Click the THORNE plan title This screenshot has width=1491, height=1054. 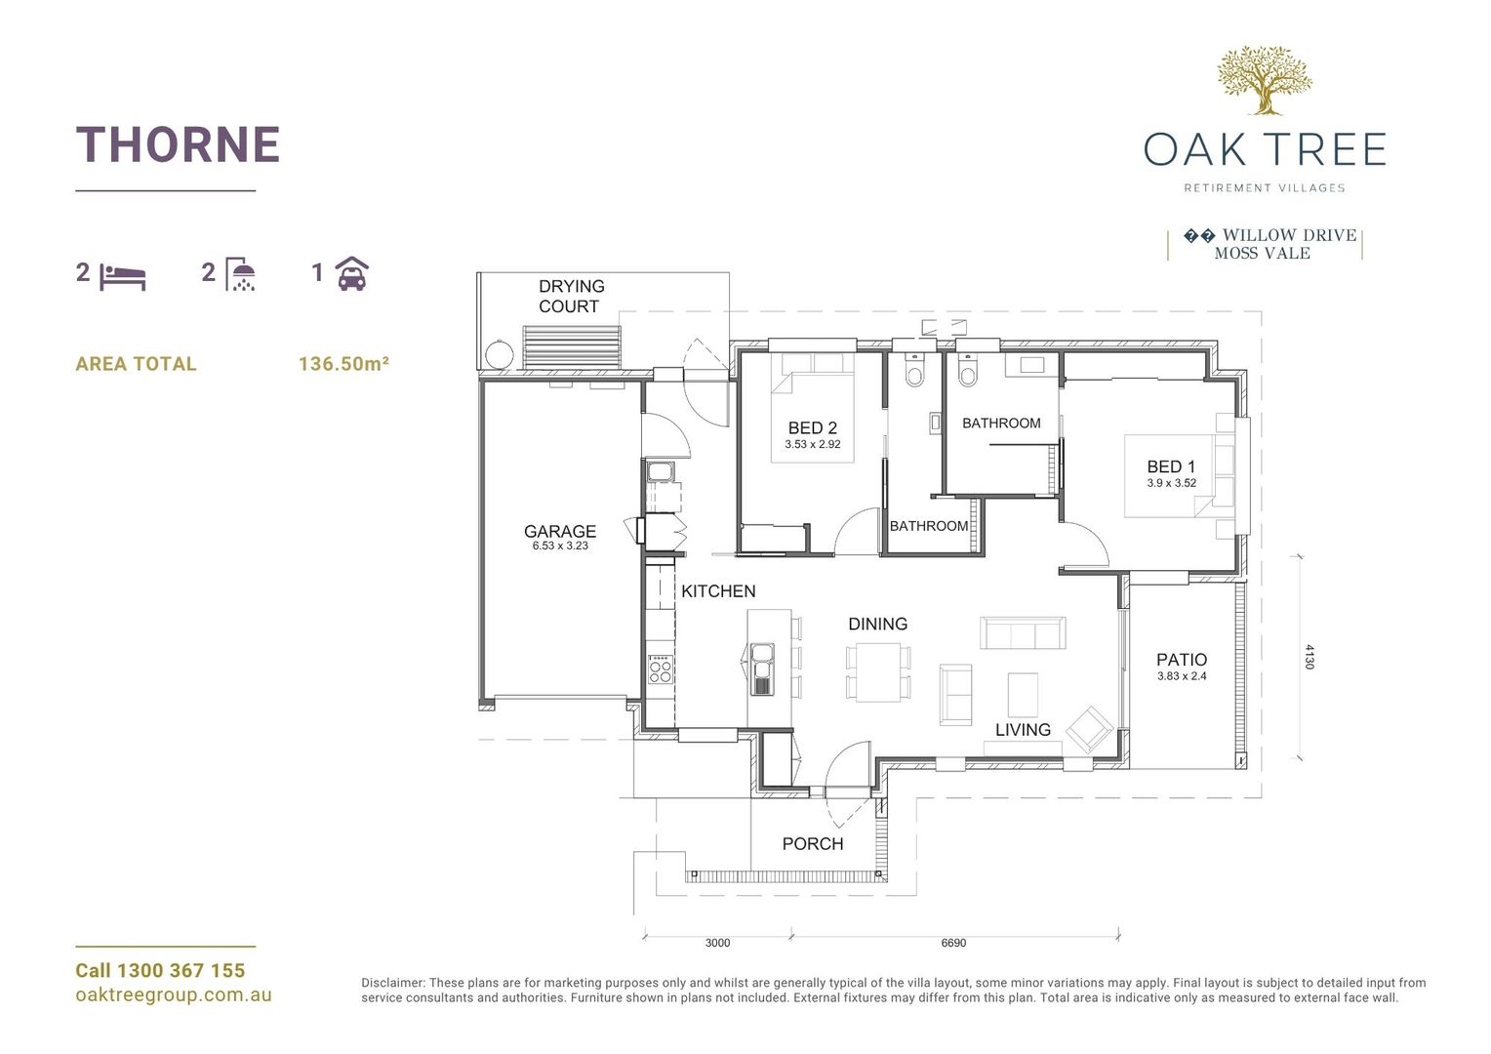point(178,144)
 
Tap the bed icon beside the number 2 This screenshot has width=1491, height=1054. point(123,276)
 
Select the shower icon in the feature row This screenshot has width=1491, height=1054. point(241,274)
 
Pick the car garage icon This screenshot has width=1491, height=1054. point(352,274)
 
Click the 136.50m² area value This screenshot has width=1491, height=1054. point(343,364)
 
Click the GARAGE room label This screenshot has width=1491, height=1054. point(559,532)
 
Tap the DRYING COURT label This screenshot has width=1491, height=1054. point(571,296)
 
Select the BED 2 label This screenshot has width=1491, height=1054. point(812,428)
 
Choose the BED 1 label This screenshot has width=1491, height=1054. point(1170,467)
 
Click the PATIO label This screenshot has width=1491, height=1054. point(1182,661)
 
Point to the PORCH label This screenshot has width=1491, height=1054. point(812,844)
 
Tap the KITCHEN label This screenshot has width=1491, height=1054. point(718,591)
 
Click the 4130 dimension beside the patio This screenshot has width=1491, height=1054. point(1310,656)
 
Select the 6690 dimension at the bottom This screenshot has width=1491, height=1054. point(953,943)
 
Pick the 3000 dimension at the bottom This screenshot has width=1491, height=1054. point(717,943)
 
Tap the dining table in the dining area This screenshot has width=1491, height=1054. point(877,673)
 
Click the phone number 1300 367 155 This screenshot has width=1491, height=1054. point(181,971)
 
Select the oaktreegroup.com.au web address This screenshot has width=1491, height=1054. point(174,995)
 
